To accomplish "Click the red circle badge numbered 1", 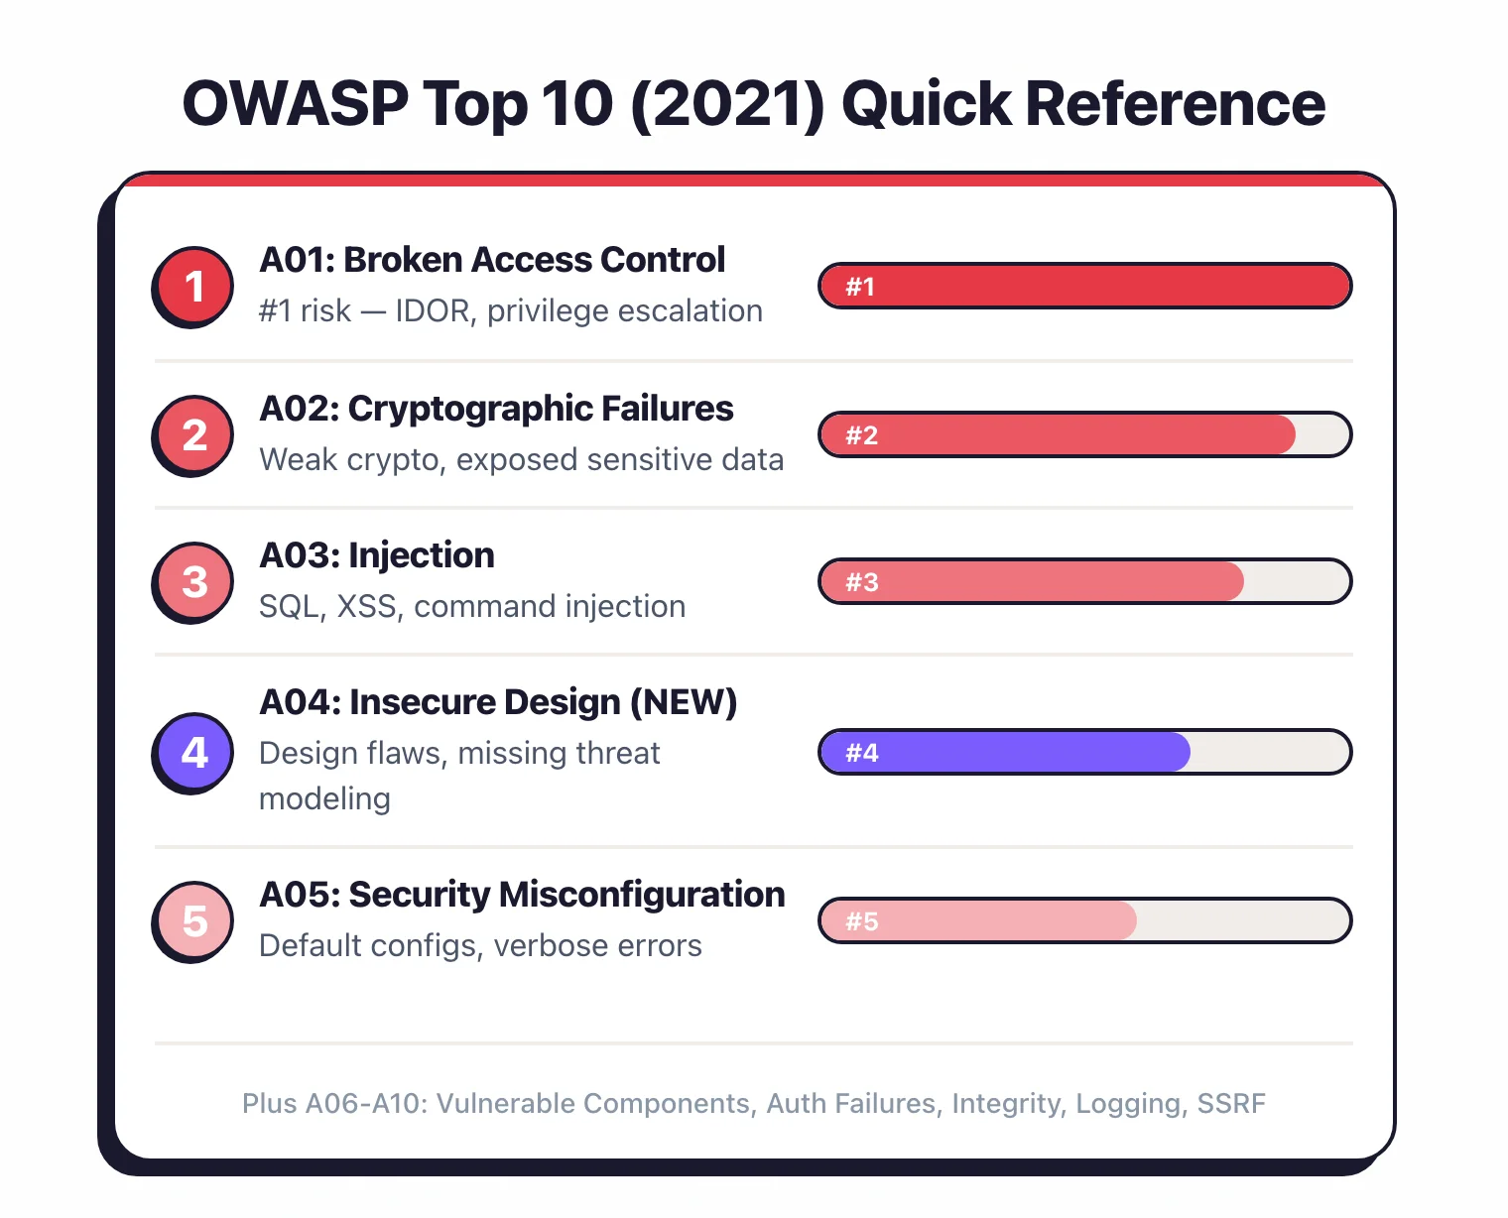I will (x=194, y=287).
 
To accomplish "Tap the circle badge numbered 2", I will (x=194, y=435).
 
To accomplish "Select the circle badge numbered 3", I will (x=194, y=582).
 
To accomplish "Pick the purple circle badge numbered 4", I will (x=194, y=753).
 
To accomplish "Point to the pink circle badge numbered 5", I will (x=194, y=921).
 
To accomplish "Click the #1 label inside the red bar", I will (x=860, y=287).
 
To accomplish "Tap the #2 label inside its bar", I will (x=861, y=435).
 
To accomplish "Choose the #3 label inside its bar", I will (x=861, y=582).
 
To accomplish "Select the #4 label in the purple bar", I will (x=861, y=753).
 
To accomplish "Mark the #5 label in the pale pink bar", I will (x=861, y=921).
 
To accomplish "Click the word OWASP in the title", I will (x=296, y=103).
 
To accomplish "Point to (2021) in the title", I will (x=727, y=103).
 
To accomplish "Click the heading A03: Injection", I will (x=376, y=555).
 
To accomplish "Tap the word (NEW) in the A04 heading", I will (x=684, y=702).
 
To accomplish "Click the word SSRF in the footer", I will (x=1231, y=1104).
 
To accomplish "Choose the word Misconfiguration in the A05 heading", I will (x=642, y=895).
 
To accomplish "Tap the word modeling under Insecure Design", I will (x=324, y=798).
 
